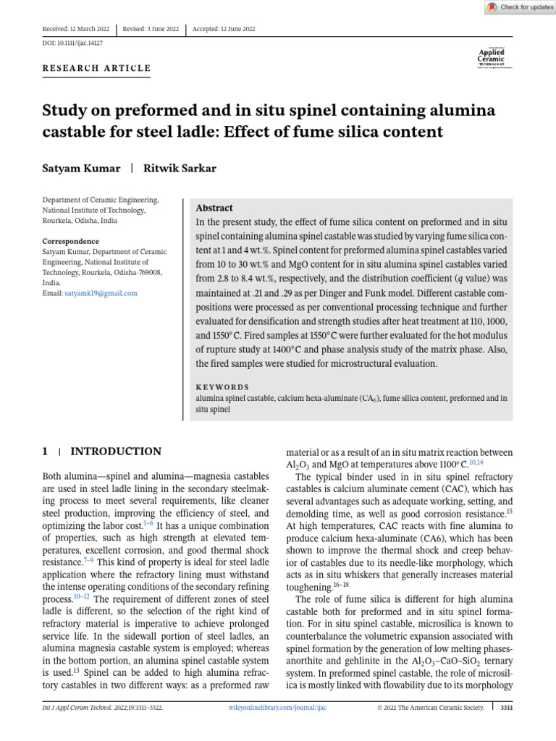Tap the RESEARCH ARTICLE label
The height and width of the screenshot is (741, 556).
pos(96,69)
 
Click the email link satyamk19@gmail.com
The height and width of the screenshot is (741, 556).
pos(101,293)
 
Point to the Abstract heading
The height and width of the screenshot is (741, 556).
pos(214,207)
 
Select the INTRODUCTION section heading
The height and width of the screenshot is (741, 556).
pos(115,452)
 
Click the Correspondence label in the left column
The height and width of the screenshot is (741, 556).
pos(70,241)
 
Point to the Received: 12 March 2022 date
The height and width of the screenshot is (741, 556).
pos(76,29)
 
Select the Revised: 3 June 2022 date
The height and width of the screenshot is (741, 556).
pos(151,29)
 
